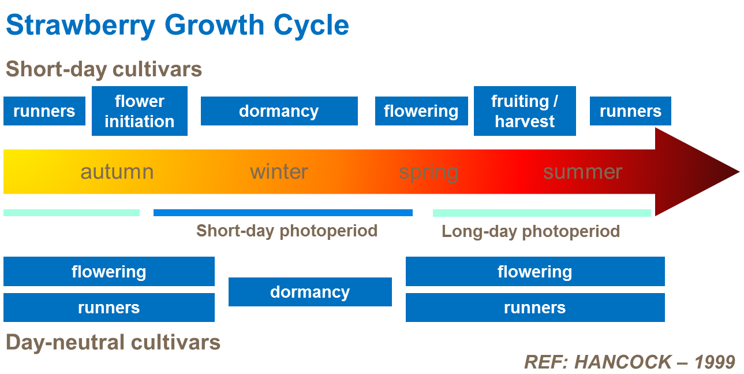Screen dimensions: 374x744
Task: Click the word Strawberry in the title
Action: coord(81,25)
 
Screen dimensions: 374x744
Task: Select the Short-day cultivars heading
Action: coord(104,69)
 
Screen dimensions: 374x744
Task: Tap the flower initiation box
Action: coord(140,111)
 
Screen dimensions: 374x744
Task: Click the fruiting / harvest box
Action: coord(525,111)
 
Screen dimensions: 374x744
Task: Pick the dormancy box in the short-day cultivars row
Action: coord(279,111)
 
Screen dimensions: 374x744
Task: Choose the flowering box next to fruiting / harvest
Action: coord(421,111)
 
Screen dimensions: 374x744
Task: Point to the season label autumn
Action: coord(117,172)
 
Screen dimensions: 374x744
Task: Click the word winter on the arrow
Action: coord(279,172)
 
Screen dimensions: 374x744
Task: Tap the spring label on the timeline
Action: coord(429,172)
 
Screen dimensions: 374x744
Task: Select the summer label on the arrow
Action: coord(582,172)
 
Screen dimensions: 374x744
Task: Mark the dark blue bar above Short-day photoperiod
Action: coord(283,213)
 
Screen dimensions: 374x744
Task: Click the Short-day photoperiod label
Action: coord(287,231)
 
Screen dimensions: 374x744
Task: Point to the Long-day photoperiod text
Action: coord(530,231)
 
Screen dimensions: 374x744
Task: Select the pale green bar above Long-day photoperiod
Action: coord(541,213)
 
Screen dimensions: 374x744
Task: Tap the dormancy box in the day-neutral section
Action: coord(310,292)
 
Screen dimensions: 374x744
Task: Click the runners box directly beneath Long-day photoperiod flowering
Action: coord(535,308)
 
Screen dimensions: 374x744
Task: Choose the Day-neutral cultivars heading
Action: coord(113,342)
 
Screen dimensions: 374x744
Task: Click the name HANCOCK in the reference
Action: coord(623,362)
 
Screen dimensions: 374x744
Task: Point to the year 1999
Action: coord(715,362)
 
